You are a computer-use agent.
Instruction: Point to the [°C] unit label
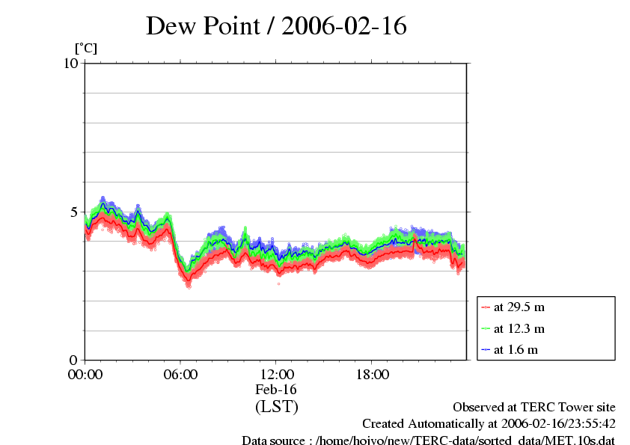85,49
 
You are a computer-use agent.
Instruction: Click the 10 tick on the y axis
71,64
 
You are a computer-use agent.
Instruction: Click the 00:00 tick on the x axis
85,374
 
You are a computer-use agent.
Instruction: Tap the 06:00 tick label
180,374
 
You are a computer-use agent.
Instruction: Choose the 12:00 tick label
276,374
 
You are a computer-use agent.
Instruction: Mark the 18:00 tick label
372,374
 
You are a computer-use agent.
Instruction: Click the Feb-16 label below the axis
276,390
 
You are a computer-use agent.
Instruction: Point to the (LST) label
276,408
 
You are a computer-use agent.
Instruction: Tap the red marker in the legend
486,307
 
